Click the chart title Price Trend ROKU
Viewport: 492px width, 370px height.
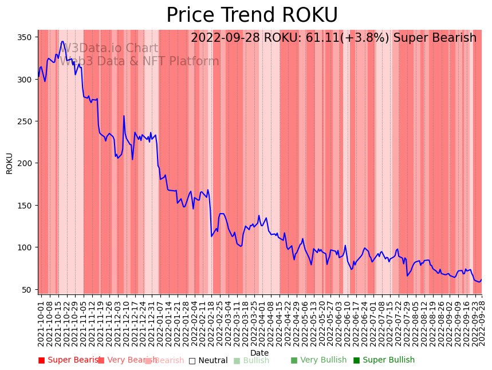[x=252, y=15]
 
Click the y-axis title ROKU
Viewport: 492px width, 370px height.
[x=10, y=163]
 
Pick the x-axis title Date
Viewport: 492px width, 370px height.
[x=259, y=353]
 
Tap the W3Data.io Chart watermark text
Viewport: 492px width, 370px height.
[x=110, y=48]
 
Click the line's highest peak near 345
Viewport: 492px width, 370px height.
[x=62, y=41]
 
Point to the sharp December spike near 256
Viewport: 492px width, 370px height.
[x=124, y=116]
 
